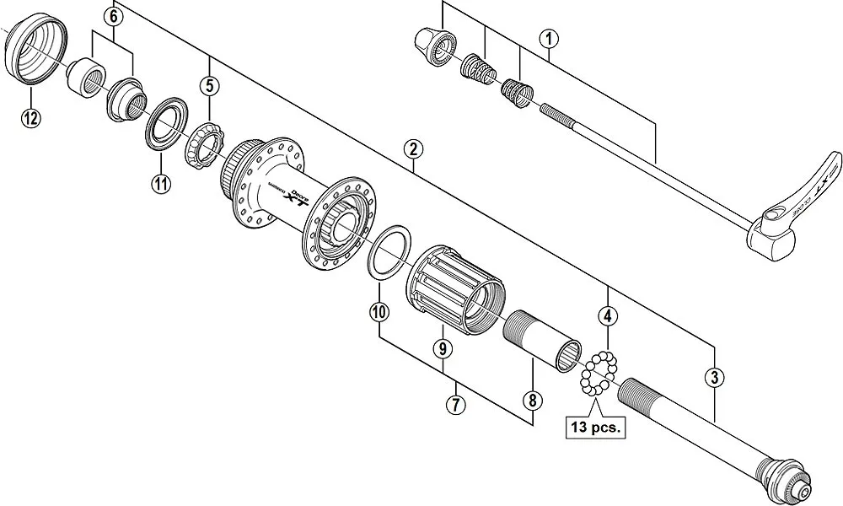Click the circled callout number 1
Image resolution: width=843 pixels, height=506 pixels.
(x=549, y=38)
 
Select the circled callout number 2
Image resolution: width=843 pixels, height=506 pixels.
(x=412, y=150)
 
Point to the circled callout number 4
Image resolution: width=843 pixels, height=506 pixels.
(x=607, y=317)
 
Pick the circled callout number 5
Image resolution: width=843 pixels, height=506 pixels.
(x=209, y=85)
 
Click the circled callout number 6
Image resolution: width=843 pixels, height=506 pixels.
(x=115, y=14)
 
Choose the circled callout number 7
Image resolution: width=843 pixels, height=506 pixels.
(x=455, y=404)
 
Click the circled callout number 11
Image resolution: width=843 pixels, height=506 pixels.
(x=161, y=183)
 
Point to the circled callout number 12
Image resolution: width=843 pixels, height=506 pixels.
(x=30, y=117)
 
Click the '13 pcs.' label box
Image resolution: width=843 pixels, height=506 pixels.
(x=594, y=428)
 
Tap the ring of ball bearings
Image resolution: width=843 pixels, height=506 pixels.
(x=599, y=374)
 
